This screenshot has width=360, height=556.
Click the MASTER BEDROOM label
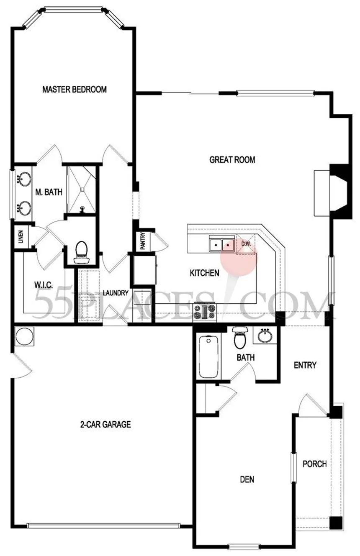75,90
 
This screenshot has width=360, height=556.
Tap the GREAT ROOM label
232,159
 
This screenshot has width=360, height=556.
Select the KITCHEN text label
204,273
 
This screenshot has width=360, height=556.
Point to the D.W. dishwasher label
246,244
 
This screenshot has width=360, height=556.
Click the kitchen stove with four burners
205,312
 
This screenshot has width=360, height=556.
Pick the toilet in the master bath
81,252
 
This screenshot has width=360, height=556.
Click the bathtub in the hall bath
208,357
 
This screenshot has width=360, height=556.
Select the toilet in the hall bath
240,338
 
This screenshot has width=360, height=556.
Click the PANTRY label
143,241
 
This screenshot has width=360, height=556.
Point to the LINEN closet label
21,236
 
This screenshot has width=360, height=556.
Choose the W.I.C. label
44,285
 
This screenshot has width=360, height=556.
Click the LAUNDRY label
116,293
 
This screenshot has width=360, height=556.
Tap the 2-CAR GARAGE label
105,424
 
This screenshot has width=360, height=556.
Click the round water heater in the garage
24,336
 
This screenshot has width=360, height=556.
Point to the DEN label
247,479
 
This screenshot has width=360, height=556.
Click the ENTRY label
305,365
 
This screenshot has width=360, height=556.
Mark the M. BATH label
49,192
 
